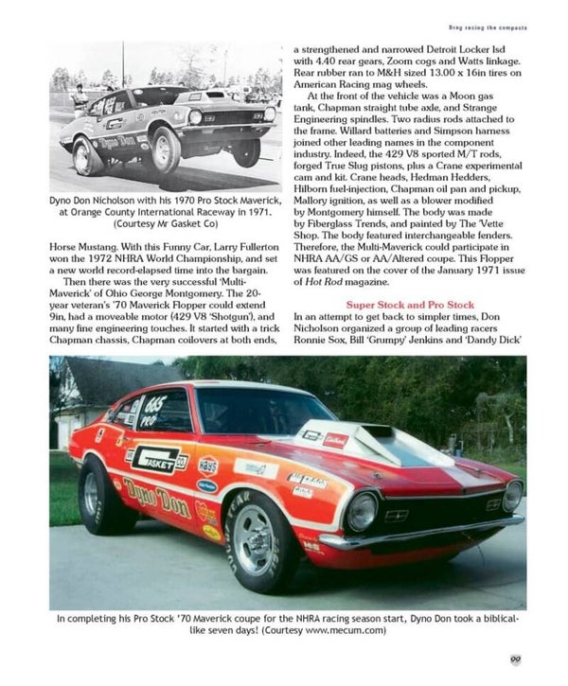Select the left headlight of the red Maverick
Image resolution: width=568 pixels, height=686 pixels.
[362, 511]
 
